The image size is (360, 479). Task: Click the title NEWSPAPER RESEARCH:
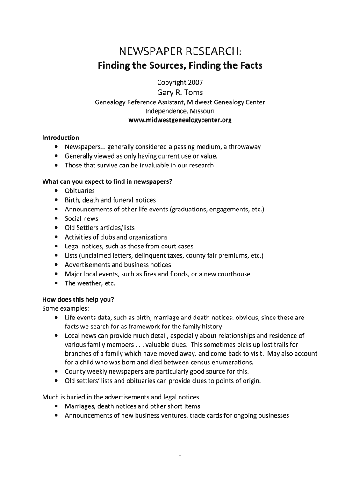click(180, 51)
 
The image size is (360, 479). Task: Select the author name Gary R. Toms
click(180, 92)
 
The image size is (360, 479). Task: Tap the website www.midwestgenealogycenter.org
click(180, 120)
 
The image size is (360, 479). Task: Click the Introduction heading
click(61, 138)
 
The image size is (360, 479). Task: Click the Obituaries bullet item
click(79, 191)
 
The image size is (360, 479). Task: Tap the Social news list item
click(81, 218)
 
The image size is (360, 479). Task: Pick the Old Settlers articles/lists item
click(100, 228)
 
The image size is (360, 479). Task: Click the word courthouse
click(232, 274)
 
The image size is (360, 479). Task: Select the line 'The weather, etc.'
click(90, 283)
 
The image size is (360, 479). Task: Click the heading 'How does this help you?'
click(78, 299)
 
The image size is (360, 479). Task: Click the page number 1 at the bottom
click(180, 453)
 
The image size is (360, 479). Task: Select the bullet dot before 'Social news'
click(56, 218)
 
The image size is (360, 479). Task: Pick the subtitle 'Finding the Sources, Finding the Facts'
click(180, 65)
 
